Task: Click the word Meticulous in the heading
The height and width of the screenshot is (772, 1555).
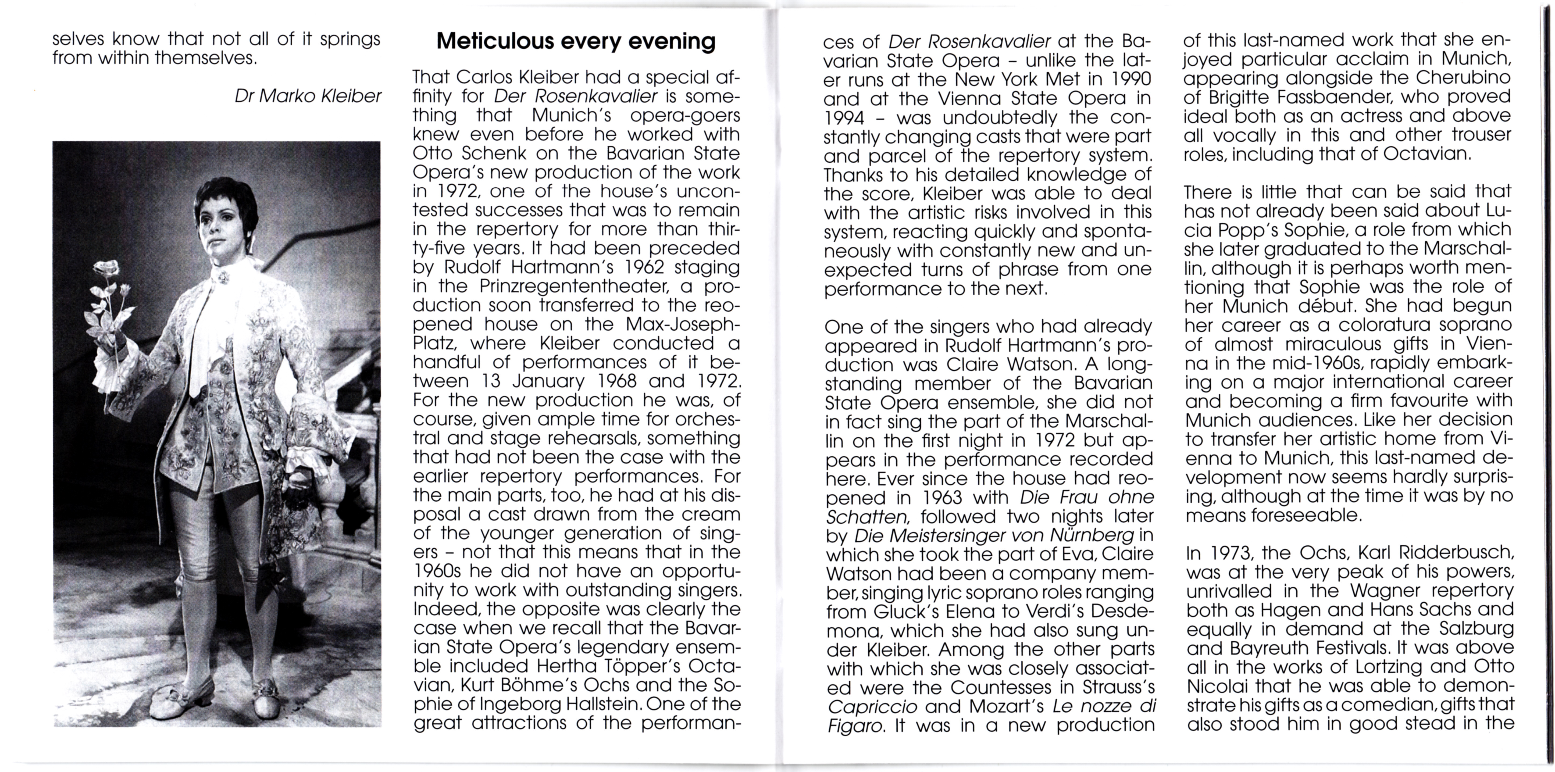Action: click(495, 41)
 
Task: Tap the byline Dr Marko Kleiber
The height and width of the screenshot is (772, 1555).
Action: click(308, 96)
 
